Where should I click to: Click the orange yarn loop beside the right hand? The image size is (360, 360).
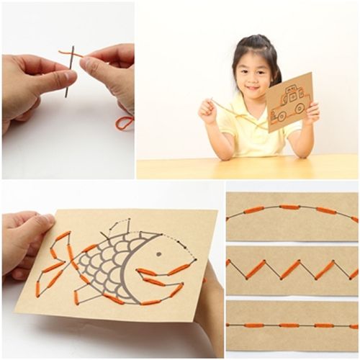[124, 122]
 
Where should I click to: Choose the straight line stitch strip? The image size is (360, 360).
[292, 325]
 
